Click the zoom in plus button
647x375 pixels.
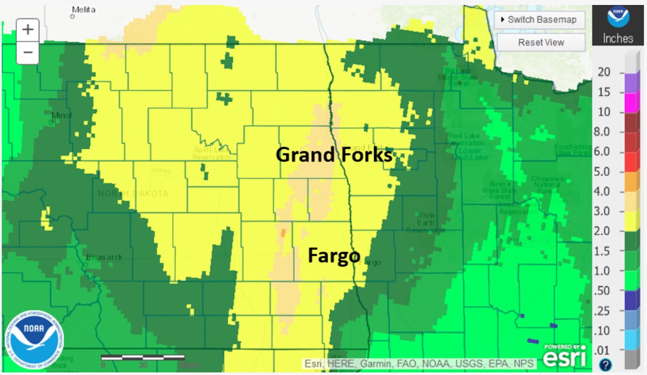click(x=27, y=29)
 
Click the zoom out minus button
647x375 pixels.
click(x=27, y=53)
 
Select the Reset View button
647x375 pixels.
click(x=541, y=42)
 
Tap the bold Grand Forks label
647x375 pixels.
click(x=334, y=155)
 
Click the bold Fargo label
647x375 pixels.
click(x=334, y=255)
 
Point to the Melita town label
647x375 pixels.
click(x=83, y=10)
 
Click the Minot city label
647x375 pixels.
click(x=61, y=116)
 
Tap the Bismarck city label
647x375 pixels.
click(x=104, y=257)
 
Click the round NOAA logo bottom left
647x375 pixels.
click(x=34, y=339)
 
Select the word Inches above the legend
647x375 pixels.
click(x=617, y=38)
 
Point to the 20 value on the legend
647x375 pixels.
click(x=604, y=72)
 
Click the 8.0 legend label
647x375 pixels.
click(x=601, y=132)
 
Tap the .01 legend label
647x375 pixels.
click(x=601, y=350)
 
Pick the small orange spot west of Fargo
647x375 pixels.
click(x=283, y=233)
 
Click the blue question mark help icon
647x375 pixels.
click(x=605, y=365)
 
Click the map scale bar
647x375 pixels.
click(x=143, y=357)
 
